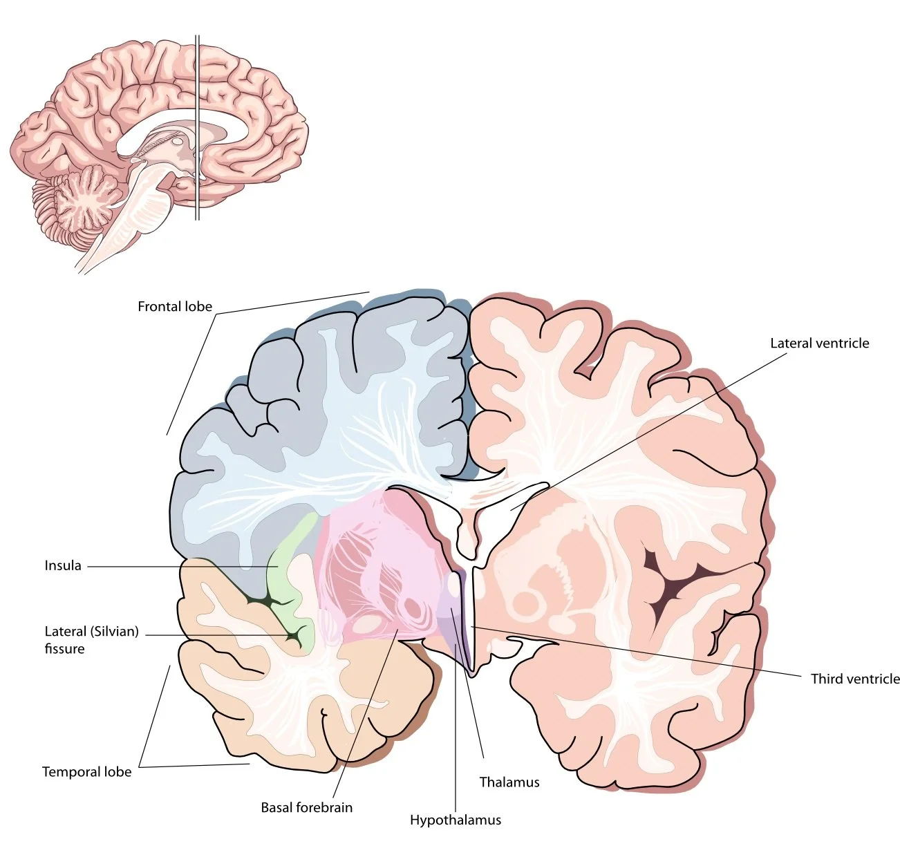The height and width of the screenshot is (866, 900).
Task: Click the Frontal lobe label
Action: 175,306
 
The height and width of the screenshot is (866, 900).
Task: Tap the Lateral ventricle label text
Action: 819,343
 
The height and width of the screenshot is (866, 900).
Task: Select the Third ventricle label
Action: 855,679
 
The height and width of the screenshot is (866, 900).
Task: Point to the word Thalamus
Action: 509,782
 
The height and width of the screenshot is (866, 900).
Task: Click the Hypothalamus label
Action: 456,820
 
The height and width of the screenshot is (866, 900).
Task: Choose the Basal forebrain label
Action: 306,807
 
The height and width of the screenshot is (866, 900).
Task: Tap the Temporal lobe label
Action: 86,771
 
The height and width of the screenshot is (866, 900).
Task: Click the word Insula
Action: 63,565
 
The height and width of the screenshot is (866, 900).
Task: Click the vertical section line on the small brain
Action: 197,83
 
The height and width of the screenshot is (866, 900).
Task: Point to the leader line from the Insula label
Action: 180,567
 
